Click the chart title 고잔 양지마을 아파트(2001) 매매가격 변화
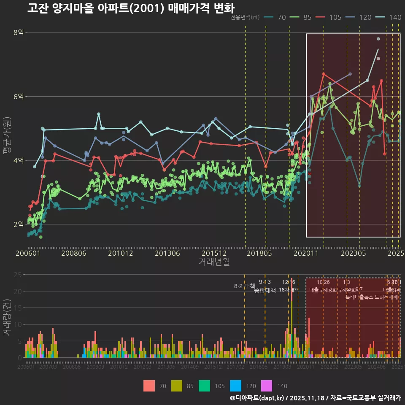pos(131,8)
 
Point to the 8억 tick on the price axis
pos(18,32)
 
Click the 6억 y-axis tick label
pos(18,97)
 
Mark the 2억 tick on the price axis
pos(18,224)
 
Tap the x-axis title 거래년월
pos(214,262)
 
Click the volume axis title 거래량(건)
pos(7,317)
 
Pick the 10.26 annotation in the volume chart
pos(323,282)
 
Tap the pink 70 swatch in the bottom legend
pos(149,386)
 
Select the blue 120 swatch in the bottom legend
pos(236,386)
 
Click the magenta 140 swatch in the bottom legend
pos(266,386)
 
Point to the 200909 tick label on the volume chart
pos(95,367)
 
